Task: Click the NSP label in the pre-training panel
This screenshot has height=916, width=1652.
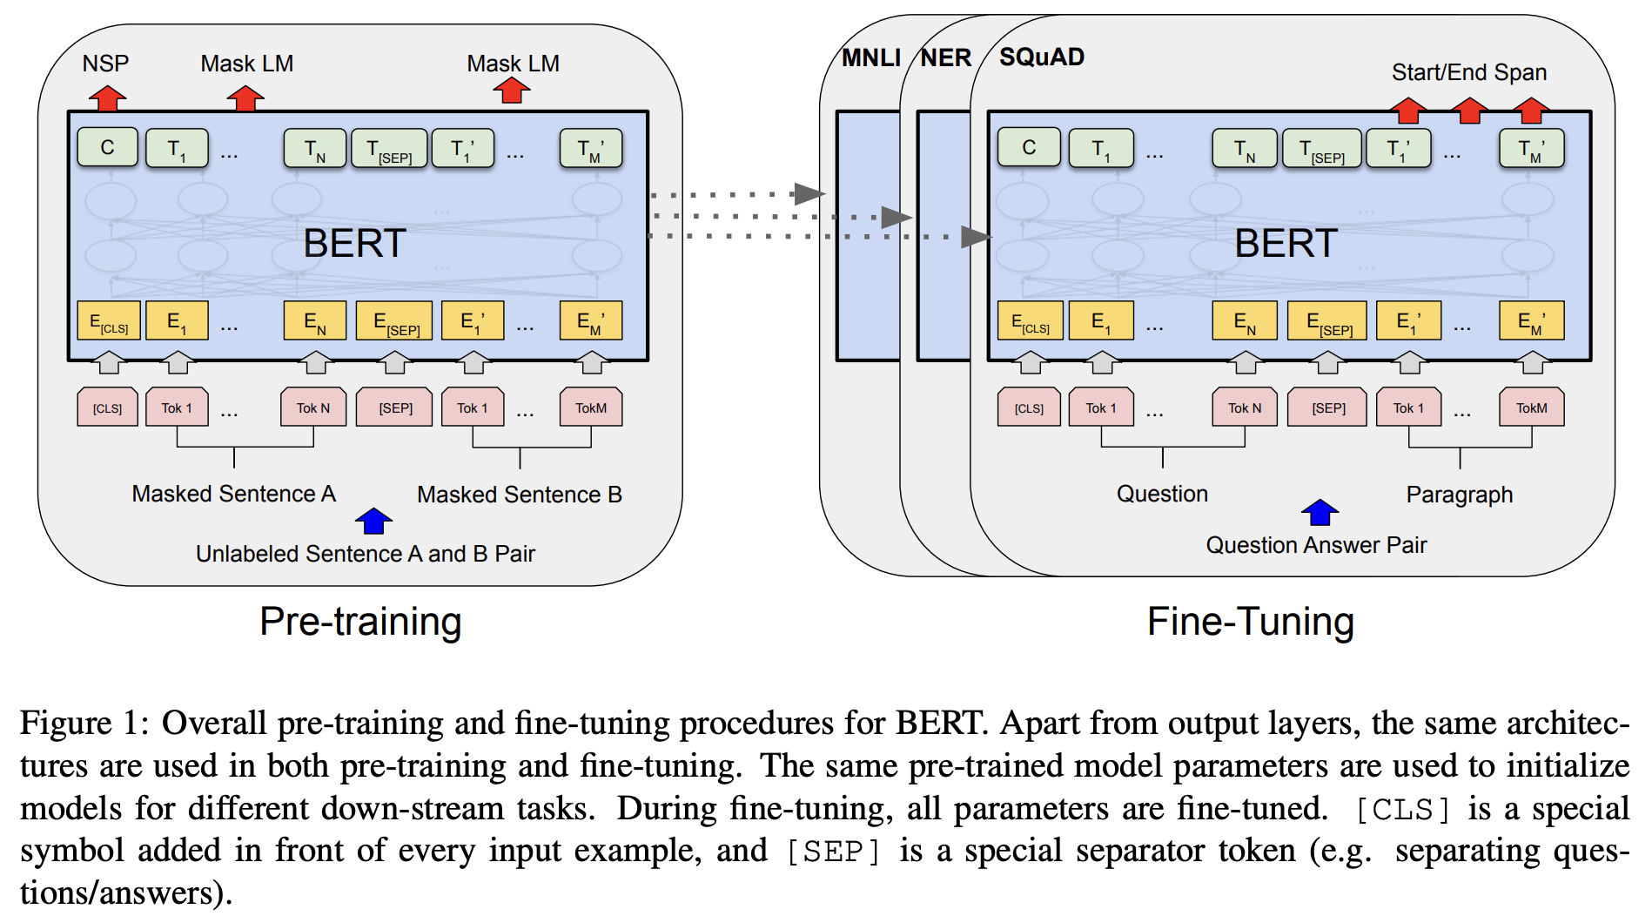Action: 105,64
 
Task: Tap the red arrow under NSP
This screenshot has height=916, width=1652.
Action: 107,98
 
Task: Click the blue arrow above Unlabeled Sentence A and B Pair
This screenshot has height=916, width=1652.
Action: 374,521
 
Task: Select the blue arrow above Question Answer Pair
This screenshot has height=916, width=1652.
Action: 1320,512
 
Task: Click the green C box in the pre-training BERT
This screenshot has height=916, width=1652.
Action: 108,147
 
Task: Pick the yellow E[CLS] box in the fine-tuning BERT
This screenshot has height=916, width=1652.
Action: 1030,321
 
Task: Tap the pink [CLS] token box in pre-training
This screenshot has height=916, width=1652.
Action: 108,407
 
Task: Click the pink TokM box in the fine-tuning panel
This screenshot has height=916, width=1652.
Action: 1531,407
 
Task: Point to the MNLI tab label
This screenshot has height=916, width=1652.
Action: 870,57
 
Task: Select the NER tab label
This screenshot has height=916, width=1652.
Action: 945,57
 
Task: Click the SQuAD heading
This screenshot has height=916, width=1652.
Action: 1041,57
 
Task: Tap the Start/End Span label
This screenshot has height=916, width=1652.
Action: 1468,72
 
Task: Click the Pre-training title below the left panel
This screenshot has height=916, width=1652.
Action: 360,622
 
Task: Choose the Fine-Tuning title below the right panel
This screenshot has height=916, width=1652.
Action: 1250,622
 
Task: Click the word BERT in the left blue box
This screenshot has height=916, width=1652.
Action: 354,243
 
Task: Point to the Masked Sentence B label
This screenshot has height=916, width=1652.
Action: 519,495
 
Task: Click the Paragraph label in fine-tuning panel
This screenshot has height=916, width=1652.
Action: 1459,495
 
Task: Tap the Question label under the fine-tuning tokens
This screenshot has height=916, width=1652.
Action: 1162,494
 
